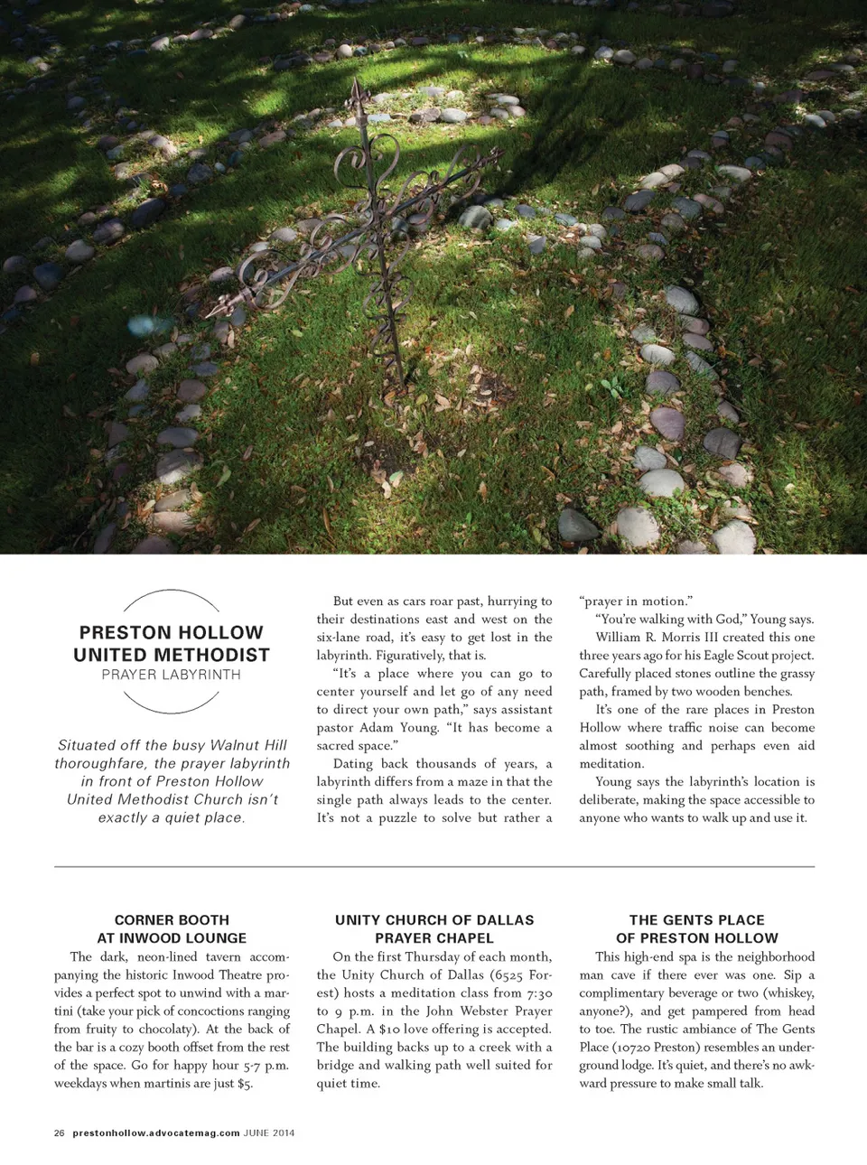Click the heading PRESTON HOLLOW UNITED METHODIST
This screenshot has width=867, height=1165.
coord(171,643)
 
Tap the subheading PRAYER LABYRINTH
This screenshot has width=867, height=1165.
coord(171,675)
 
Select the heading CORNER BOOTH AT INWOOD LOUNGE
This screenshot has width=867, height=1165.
coord(172,928)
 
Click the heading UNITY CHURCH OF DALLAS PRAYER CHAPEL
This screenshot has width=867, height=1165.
coord(434,928)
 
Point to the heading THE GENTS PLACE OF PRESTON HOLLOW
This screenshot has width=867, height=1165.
coord(696,928)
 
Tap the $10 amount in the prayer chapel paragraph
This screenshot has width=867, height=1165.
coord(390,1030)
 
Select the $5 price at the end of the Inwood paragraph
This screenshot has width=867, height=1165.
coord(245,1084)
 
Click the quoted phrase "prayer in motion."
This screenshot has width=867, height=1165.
coord(635,601)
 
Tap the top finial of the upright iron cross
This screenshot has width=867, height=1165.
coord(359,91)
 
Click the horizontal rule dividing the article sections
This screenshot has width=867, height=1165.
coord(434,867)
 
